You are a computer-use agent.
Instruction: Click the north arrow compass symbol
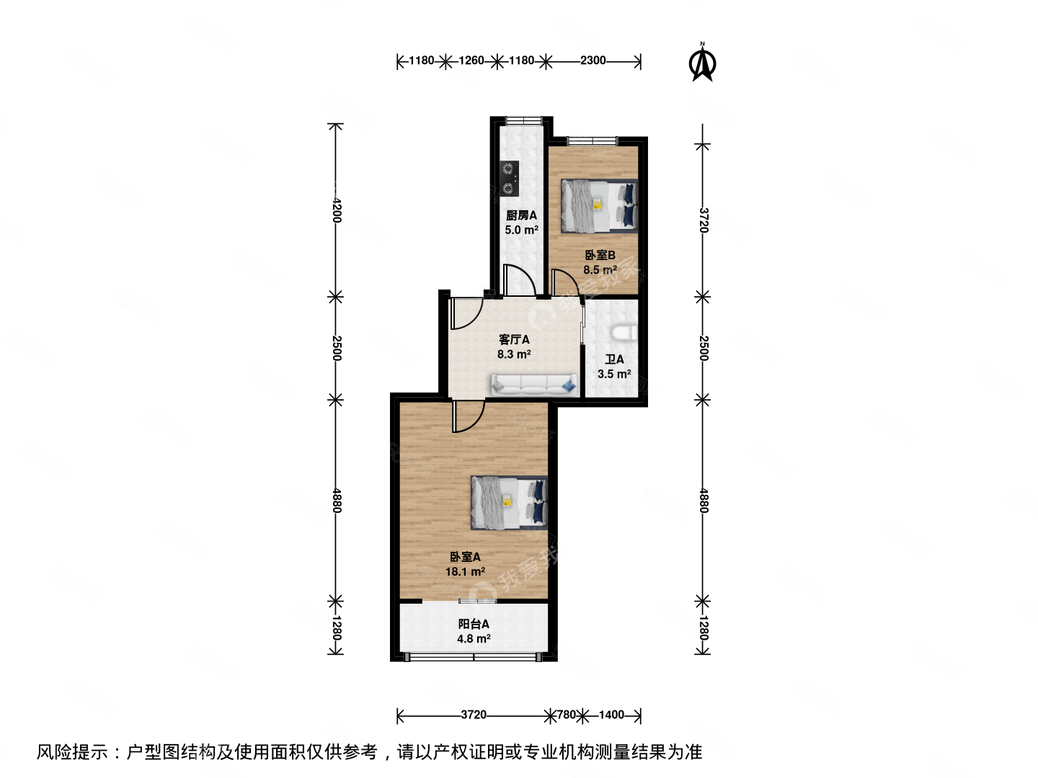(x=702, y=63)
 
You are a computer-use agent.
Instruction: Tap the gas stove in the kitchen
(x=510, y=179)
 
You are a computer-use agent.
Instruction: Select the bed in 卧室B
(x=599, y=206)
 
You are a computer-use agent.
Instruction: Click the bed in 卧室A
(x=509, y=502)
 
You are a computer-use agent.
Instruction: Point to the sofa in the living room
(x=534, y=385)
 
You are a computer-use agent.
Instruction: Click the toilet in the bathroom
(x=624, y=333)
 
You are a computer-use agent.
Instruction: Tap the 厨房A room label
(x=521, y=215)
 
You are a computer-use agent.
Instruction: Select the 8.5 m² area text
(x=600, y=270)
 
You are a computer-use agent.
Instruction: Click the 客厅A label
(x=514, y=339)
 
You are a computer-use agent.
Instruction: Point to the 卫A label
(x=614, y=359)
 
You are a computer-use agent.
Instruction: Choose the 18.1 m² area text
(x=465, y=572)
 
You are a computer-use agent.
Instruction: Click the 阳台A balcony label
(x=474, y=624)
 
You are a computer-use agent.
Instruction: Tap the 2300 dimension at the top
(x=593, y=61)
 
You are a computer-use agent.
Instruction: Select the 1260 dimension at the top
(x=471, y=61)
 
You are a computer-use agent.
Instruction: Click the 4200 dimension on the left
(x=336, y=210)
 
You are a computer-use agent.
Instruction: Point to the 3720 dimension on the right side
(x=704, y=220)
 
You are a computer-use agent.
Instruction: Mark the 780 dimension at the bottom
(x=567, y=715)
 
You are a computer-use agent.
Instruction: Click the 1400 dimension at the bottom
(x=611, y=715)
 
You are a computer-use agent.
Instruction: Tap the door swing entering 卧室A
(x=467, y=418)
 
